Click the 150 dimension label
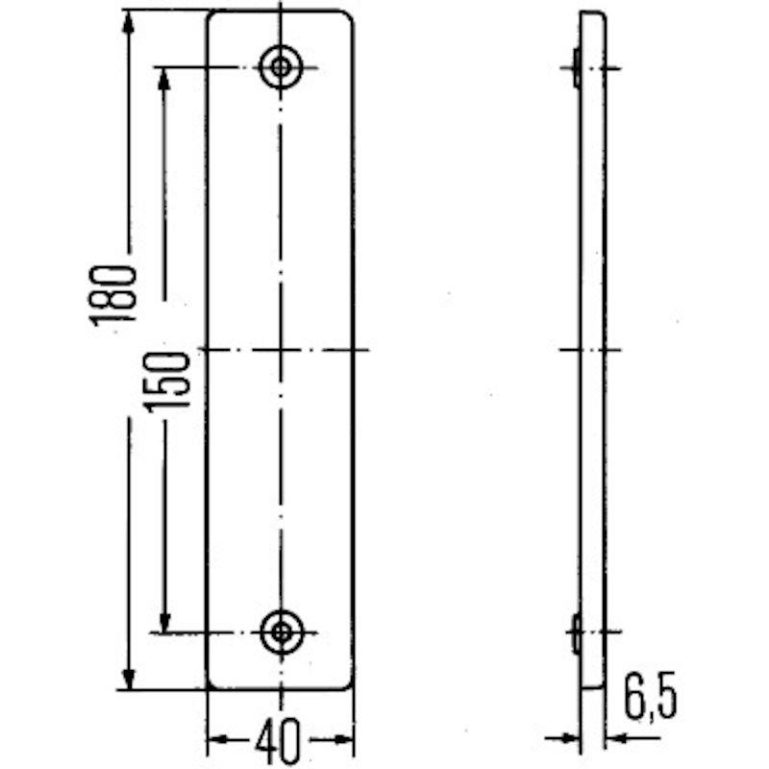167,379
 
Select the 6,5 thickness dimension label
649,700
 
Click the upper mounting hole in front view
281,67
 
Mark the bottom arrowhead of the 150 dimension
165,621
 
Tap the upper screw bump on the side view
576,67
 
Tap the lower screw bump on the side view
576,633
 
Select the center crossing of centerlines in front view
281,349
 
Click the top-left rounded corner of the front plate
213,16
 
